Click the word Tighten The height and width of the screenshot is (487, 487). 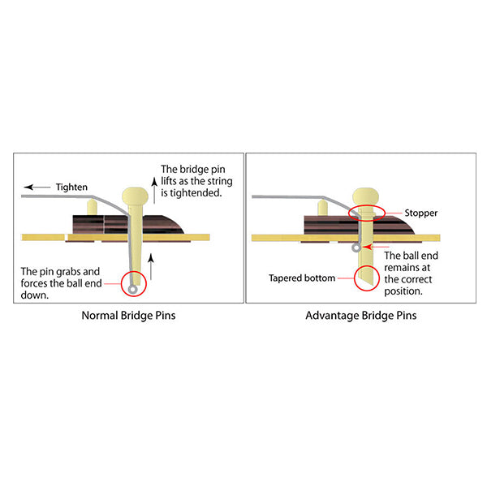(71, 187)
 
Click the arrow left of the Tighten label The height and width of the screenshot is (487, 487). (37, 187)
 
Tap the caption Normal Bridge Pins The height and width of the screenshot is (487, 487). (128, 316)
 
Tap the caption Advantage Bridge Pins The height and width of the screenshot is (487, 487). (361, 316)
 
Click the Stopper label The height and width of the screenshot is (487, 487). (420, 213)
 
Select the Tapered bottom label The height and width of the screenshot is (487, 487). (302, 278)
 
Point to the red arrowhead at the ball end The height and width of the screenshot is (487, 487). (368, 247)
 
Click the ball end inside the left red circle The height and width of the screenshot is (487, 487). (133, 290)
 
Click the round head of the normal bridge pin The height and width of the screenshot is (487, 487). (135, 196)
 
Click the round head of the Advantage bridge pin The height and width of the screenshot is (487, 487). (365, 196)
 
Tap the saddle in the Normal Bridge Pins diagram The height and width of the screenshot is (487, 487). (92, 207)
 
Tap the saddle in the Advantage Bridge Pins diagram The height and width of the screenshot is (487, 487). (323, 208)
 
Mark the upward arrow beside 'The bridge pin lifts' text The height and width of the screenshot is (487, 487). (154, 190)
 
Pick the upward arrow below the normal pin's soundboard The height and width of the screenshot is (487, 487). (151, 266)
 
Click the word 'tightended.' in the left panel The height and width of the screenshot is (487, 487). (192, 193)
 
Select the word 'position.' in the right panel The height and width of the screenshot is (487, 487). (403, 291)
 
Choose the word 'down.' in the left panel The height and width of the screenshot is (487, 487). (35, 295)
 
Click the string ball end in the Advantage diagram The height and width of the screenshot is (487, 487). (356, 248)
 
